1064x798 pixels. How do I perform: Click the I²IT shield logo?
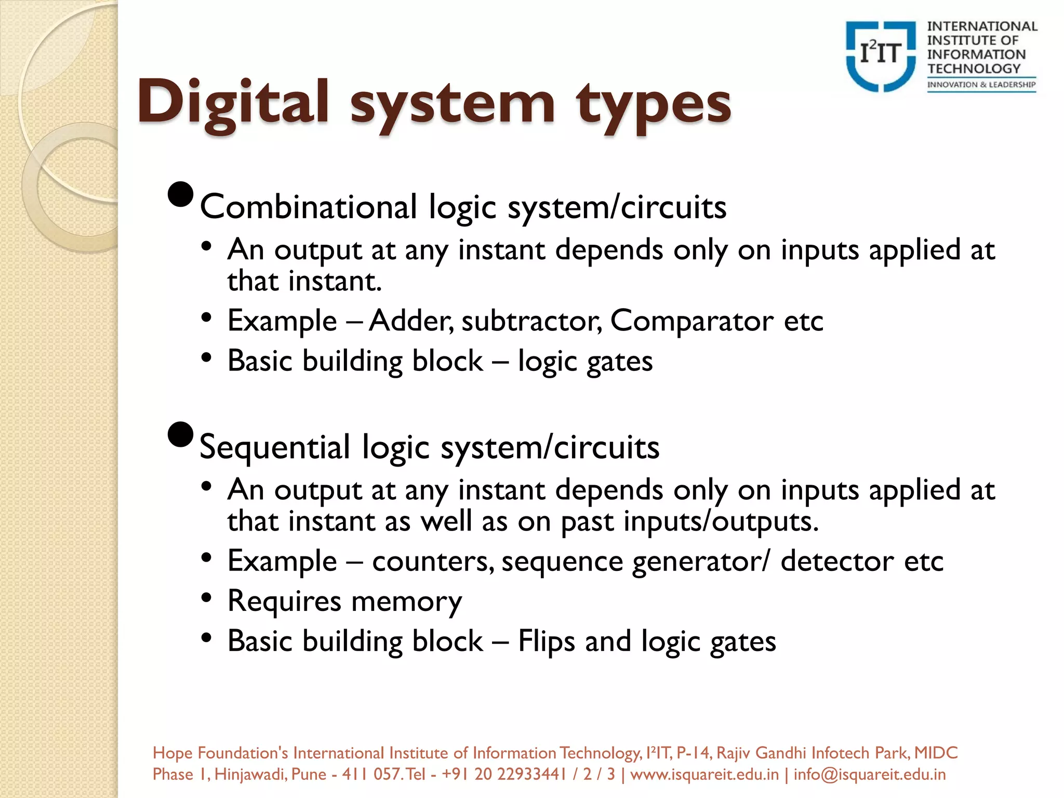click(x=880, y=56)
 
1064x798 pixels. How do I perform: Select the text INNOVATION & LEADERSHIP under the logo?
click(x=981, y=85)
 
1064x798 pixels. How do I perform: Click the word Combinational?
click(x=309, y=207)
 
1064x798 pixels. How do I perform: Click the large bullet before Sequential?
click(x=181, y=435)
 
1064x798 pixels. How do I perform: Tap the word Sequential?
click(x=275, y=447)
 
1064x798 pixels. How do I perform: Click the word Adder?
click(x=410, y=321)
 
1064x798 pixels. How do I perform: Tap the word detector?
click(x=837, y=562)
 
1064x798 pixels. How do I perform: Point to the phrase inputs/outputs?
click(x=721, y=522)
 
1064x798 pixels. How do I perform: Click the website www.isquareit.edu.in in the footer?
click(x=704, y=774)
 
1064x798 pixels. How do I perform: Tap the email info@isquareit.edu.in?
click(x=869, y=774)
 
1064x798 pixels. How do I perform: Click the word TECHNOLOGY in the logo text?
click(x=974, y=69)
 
